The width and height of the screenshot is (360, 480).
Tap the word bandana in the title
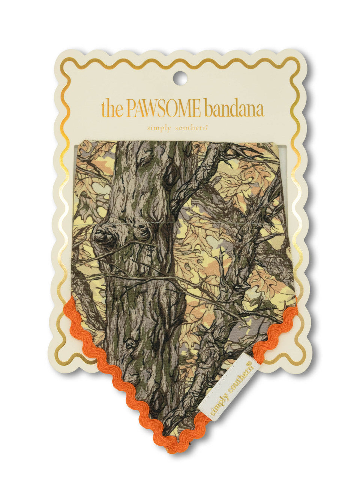tap(234, 109)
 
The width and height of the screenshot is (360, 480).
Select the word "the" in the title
tap(112, 109)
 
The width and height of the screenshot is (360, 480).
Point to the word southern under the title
tap(192, 128)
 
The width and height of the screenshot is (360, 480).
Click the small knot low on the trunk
tap(131, 343)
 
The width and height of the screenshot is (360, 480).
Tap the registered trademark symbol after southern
tap(207, 126)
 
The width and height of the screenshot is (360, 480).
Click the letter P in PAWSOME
tap(131, 109)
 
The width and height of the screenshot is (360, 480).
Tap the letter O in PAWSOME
tap(177, 109)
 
